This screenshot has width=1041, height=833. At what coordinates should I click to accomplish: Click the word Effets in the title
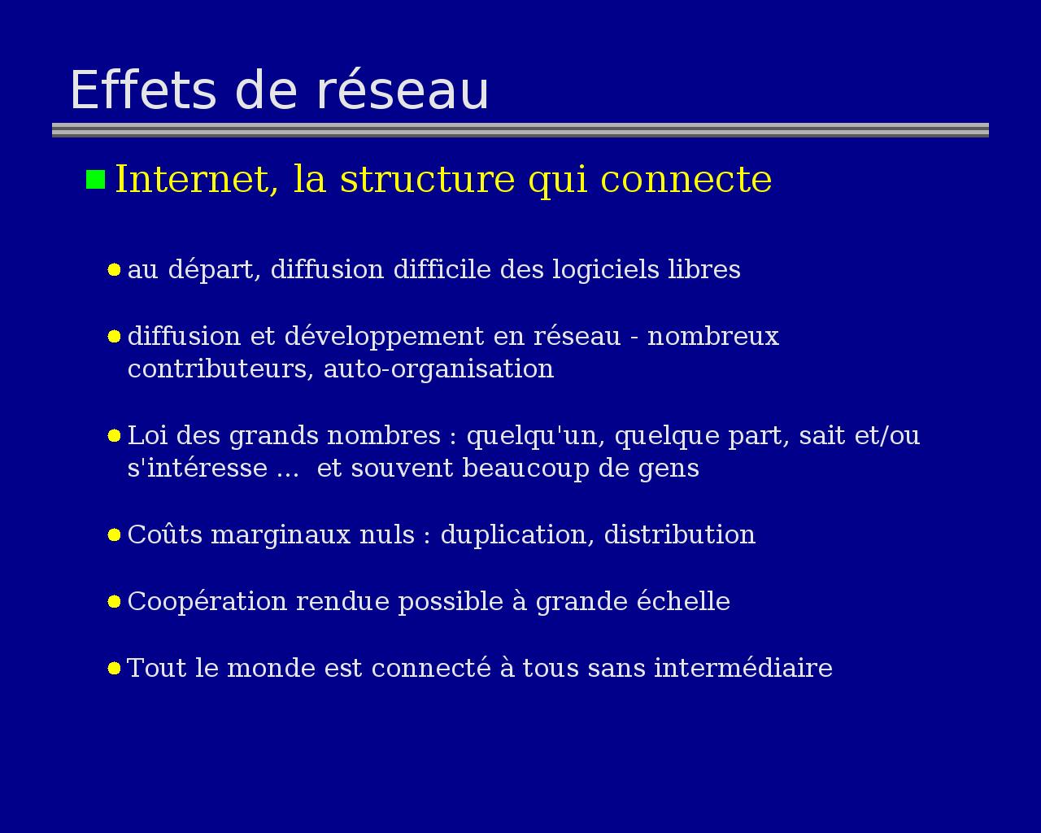tap(143, 90)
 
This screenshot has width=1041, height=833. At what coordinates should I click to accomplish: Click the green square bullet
tap(96, 179)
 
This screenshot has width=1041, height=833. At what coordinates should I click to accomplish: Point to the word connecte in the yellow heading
tap(686, 180)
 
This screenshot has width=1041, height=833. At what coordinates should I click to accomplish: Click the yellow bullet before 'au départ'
tap(114, 269)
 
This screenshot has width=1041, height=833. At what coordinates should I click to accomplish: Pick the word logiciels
tap(606, 270)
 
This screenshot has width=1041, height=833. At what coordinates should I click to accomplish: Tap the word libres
tap(704, 268)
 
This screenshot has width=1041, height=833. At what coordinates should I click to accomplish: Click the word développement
tap(384, 337)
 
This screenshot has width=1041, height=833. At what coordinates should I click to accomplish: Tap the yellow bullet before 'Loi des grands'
tap(114, 436)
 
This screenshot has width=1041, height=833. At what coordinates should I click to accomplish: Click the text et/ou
tap(886, 435)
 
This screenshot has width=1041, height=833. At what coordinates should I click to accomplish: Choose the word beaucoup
tap(526, 469)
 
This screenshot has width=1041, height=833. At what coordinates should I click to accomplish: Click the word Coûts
tap(165, 534)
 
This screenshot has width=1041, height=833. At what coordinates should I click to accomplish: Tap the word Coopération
tap(207, 603)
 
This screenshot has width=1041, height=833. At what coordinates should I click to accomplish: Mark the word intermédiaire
tap(743, 668)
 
